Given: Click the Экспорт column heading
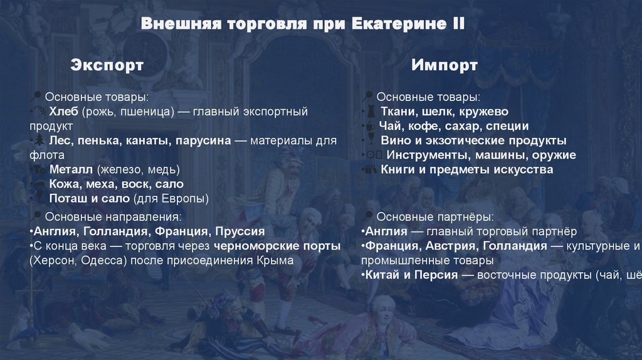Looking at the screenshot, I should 107,65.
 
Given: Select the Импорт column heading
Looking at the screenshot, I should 445,65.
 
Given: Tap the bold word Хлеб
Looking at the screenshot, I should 63,112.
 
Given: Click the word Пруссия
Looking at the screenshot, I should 240,231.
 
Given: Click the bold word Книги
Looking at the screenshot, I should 399,169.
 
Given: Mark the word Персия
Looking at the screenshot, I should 441,275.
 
